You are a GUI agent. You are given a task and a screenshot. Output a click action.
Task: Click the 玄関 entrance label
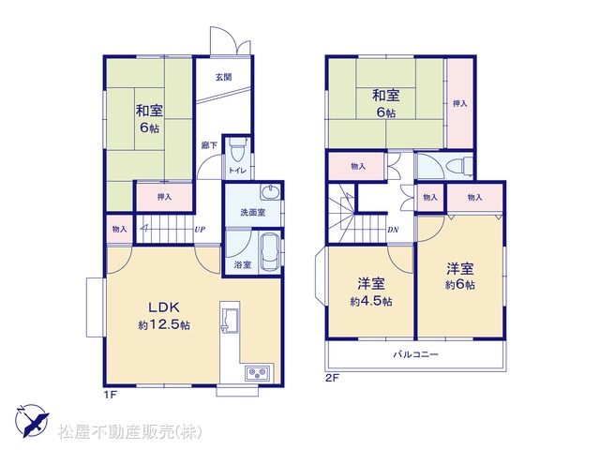pyautogui.click(x=223, y=77)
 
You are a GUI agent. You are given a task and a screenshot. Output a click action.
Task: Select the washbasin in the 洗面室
pyautogui.click(x=271, y=191)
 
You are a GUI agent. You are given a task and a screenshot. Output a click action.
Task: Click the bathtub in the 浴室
pyautogui.click(x=270, y=252)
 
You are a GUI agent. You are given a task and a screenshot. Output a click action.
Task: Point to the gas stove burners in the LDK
pyautogui.click(x=258, y=373)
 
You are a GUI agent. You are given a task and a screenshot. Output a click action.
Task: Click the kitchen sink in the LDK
pyautogui.click(x=230, y=319)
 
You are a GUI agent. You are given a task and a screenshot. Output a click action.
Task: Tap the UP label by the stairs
pyautogui.click(x=200, y=230)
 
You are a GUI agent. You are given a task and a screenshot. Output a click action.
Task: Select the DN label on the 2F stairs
pyautogui.click(x=393, y=230)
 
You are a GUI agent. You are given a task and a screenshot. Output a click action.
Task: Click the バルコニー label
pyautogui.click(x=416, y=354)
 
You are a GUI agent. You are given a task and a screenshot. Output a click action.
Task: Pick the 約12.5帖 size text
pyautogui.click(x=164, y=325)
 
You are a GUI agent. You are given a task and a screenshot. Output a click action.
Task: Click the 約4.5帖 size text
pyautogui.click(x=371, y=302)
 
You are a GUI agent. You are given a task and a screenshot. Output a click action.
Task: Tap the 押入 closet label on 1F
pyautogui.click(x=165, y=197)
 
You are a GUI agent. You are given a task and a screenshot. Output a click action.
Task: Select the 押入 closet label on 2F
pyautogui.click(x=460, y=103)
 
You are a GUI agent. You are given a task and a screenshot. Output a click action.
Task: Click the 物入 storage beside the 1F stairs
pyautogui.click(x=120, y=229)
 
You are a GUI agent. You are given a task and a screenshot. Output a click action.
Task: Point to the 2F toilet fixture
pyautogui.click(x=459, y=166)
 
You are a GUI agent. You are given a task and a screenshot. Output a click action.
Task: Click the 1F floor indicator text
pyautogui.click(x=110, y=395)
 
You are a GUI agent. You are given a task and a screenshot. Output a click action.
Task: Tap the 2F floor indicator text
pyautogui.click(x=333, y=379)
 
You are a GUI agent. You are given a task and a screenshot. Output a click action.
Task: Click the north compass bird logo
pyautogui.click(x=32, y=421)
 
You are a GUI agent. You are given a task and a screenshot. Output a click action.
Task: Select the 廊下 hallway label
pyautogui.click(x=209, y=145)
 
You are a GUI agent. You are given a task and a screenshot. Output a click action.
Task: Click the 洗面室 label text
pyautogui.click(x=253, y=213)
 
